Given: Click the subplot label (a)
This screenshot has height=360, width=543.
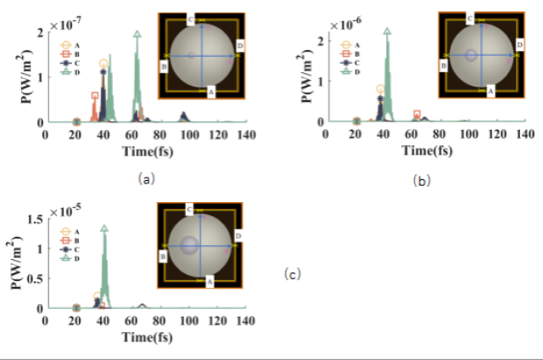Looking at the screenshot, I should [145, 178].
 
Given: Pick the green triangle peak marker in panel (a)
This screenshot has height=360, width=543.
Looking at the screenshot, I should [137, 35].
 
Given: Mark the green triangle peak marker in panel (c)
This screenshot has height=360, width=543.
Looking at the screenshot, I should [104, 228].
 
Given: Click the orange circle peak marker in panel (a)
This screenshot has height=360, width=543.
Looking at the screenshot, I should [104, 64].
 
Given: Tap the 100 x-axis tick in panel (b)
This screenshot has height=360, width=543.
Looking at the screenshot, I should [469, 135].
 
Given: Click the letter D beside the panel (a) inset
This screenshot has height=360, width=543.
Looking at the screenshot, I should [241, 42].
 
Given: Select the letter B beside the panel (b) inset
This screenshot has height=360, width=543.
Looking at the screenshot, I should [443, 65].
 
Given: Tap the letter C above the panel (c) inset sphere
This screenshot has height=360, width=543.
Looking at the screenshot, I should [189, 208].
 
